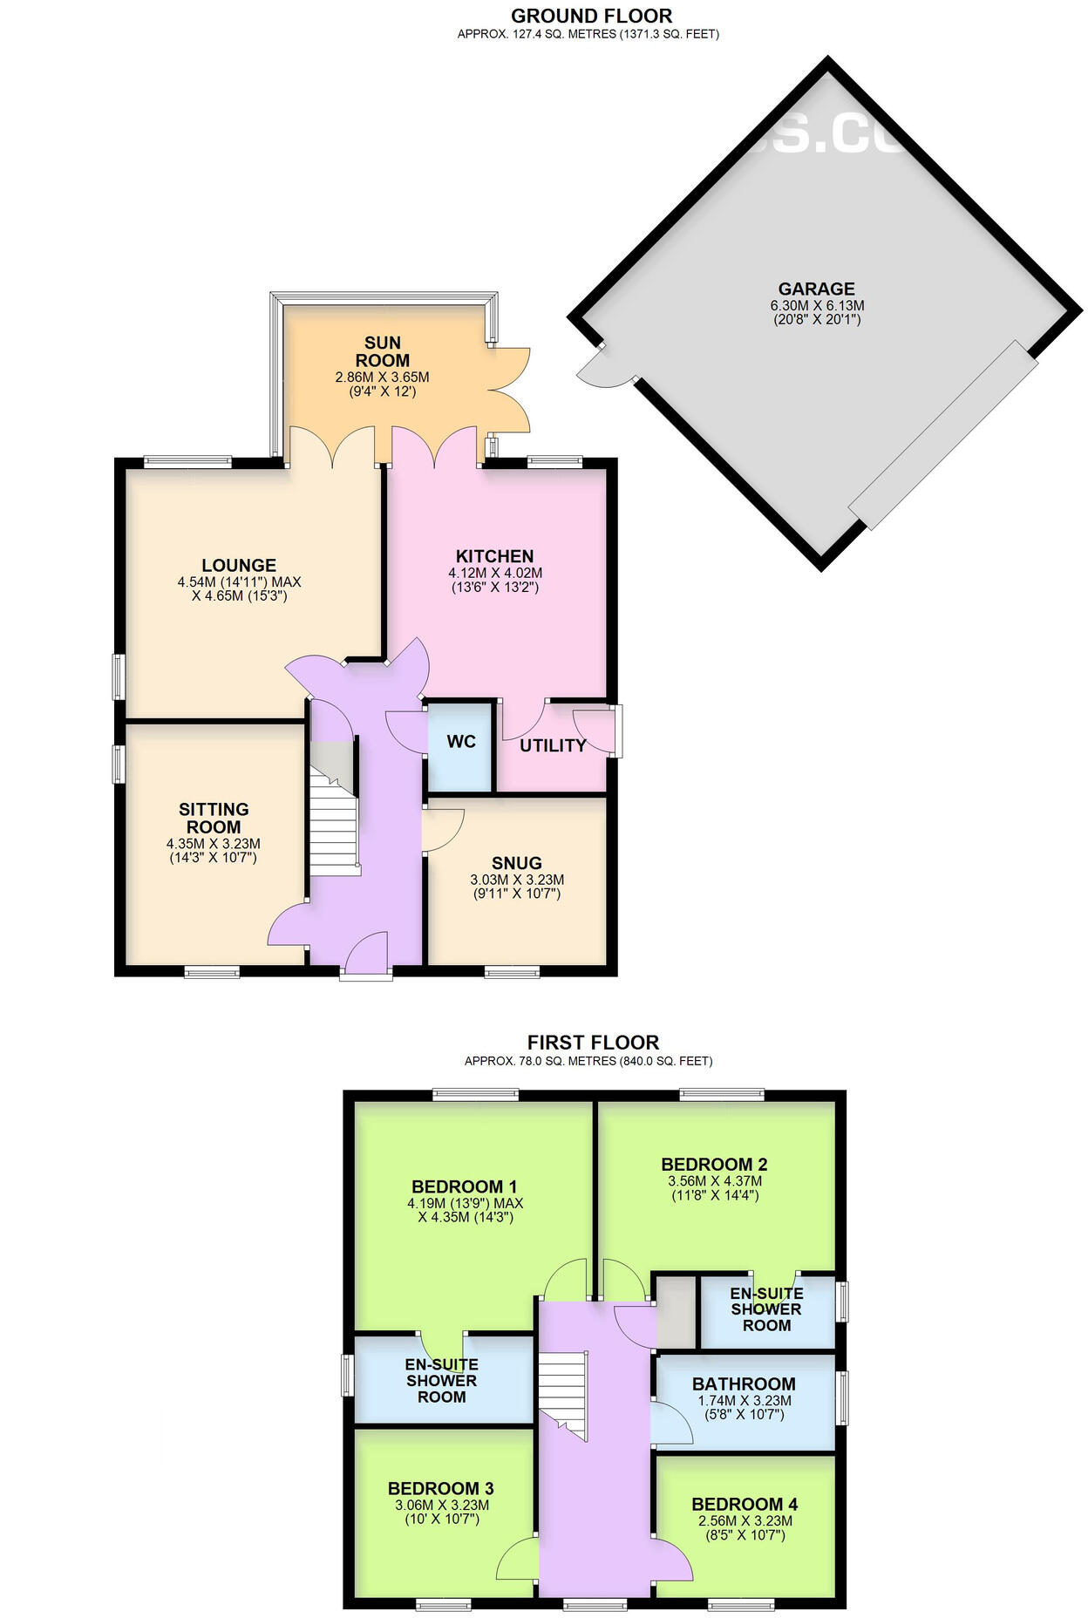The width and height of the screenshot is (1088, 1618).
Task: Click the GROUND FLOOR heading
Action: click(x=591, y=16)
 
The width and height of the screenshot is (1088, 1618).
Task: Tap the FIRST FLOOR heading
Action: click(x=593, y=1042)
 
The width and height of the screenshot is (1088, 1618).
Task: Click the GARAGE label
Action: click(x=816, y=289)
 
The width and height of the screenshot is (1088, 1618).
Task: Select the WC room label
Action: click(x=461, y=742)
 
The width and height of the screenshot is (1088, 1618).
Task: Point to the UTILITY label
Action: click(x=553, y=745)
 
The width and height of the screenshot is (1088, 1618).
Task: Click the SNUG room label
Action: click(x=516, y=863)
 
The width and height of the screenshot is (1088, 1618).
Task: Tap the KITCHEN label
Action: click(x=494, y=556)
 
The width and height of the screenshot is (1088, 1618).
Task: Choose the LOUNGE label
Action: click(x=239, y=565)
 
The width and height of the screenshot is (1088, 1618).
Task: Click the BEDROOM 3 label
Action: click(x=441, y=1488)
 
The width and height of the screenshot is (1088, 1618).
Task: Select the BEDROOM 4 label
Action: click(x=745, y=1504)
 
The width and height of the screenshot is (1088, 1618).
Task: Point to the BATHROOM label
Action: click(x=744, y=1383)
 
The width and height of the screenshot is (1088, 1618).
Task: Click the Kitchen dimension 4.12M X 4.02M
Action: click(x=495, y=573)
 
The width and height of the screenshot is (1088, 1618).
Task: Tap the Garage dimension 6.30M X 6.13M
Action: click(x=817, y=306)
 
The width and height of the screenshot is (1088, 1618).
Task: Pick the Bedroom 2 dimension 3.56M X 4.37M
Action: click(x=714, y=1181)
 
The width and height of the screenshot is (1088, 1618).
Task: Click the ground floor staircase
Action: click(x=336, y=828)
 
